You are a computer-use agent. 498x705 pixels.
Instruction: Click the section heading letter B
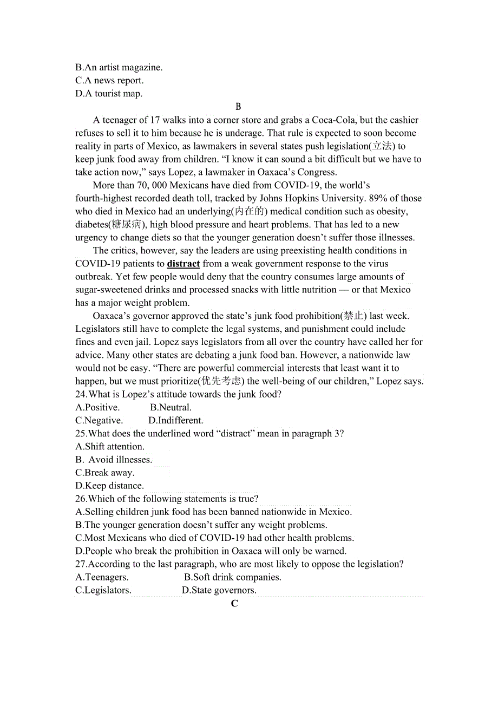(238, 107)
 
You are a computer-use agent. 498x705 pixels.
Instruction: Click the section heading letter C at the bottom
(234, 603)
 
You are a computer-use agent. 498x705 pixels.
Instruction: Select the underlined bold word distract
(184, 264)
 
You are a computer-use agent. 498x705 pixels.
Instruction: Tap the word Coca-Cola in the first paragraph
(321, 120)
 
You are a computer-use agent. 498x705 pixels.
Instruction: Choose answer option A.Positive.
(97, 407)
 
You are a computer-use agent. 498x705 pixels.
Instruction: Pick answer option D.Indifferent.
(176, 420)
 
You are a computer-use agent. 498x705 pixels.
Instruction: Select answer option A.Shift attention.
(110, 446)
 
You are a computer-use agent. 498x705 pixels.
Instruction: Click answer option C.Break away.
(105, 473)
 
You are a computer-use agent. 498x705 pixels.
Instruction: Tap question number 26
(81, 499)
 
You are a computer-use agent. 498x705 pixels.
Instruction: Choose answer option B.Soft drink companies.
(233, 577)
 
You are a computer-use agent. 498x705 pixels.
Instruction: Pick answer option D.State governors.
(219, 590)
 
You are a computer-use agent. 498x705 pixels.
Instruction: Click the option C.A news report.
(109, 81)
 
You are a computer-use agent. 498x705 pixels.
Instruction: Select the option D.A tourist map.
(109, 94)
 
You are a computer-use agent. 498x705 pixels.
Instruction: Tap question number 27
(81, 564)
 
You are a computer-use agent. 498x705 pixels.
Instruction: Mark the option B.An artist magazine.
(119, 68)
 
